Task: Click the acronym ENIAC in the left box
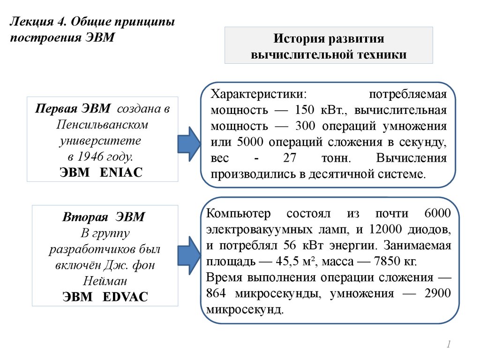click(x=121, y=172)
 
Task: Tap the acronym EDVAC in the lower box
click(x=124, y=296)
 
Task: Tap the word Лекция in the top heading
click(x=30, y=22)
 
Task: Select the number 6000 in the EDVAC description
click(x=437, y=214)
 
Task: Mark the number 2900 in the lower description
click(x=437, y=293)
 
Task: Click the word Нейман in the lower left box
click(x=105, y=281)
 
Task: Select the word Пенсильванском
click(x=102, y=125)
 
